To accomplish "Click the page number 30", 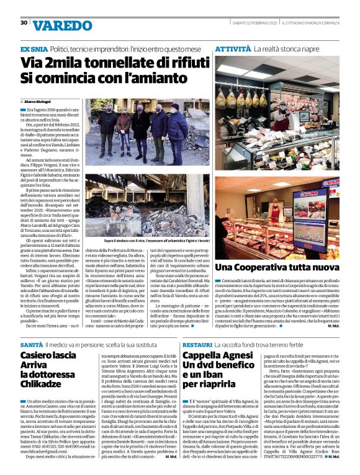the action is [24, 22].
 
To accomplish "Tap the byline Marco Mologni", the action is [37, 101].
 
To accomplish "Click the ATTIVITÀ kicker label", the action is [233, 48].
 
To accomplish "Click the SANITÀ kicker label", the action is [32, 343].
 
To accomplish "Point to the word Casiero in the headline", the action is [41, 355].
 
